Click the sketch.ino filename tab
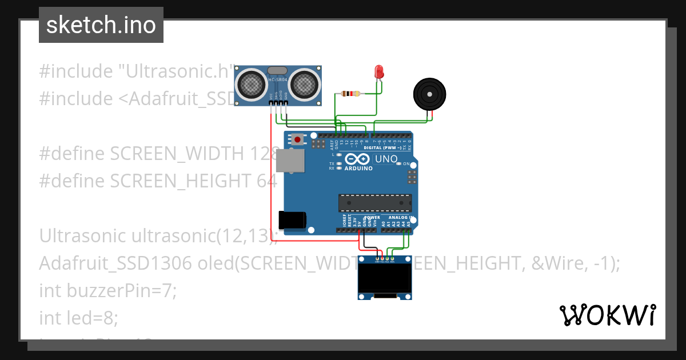click(101, 25)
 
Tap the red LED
click(378, 72)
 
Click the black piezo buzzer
click(429, 94)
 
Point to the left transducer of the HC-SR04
click(252, 84)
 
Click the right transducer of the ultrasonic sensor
click(304, 84)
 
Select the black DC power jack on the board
click(292, 221)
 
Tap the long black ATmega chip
click(374, 203)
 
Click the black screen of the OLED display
click(385, 278)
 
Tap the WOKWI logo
click(607, 315)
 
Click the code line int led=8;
click(79, 318)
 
